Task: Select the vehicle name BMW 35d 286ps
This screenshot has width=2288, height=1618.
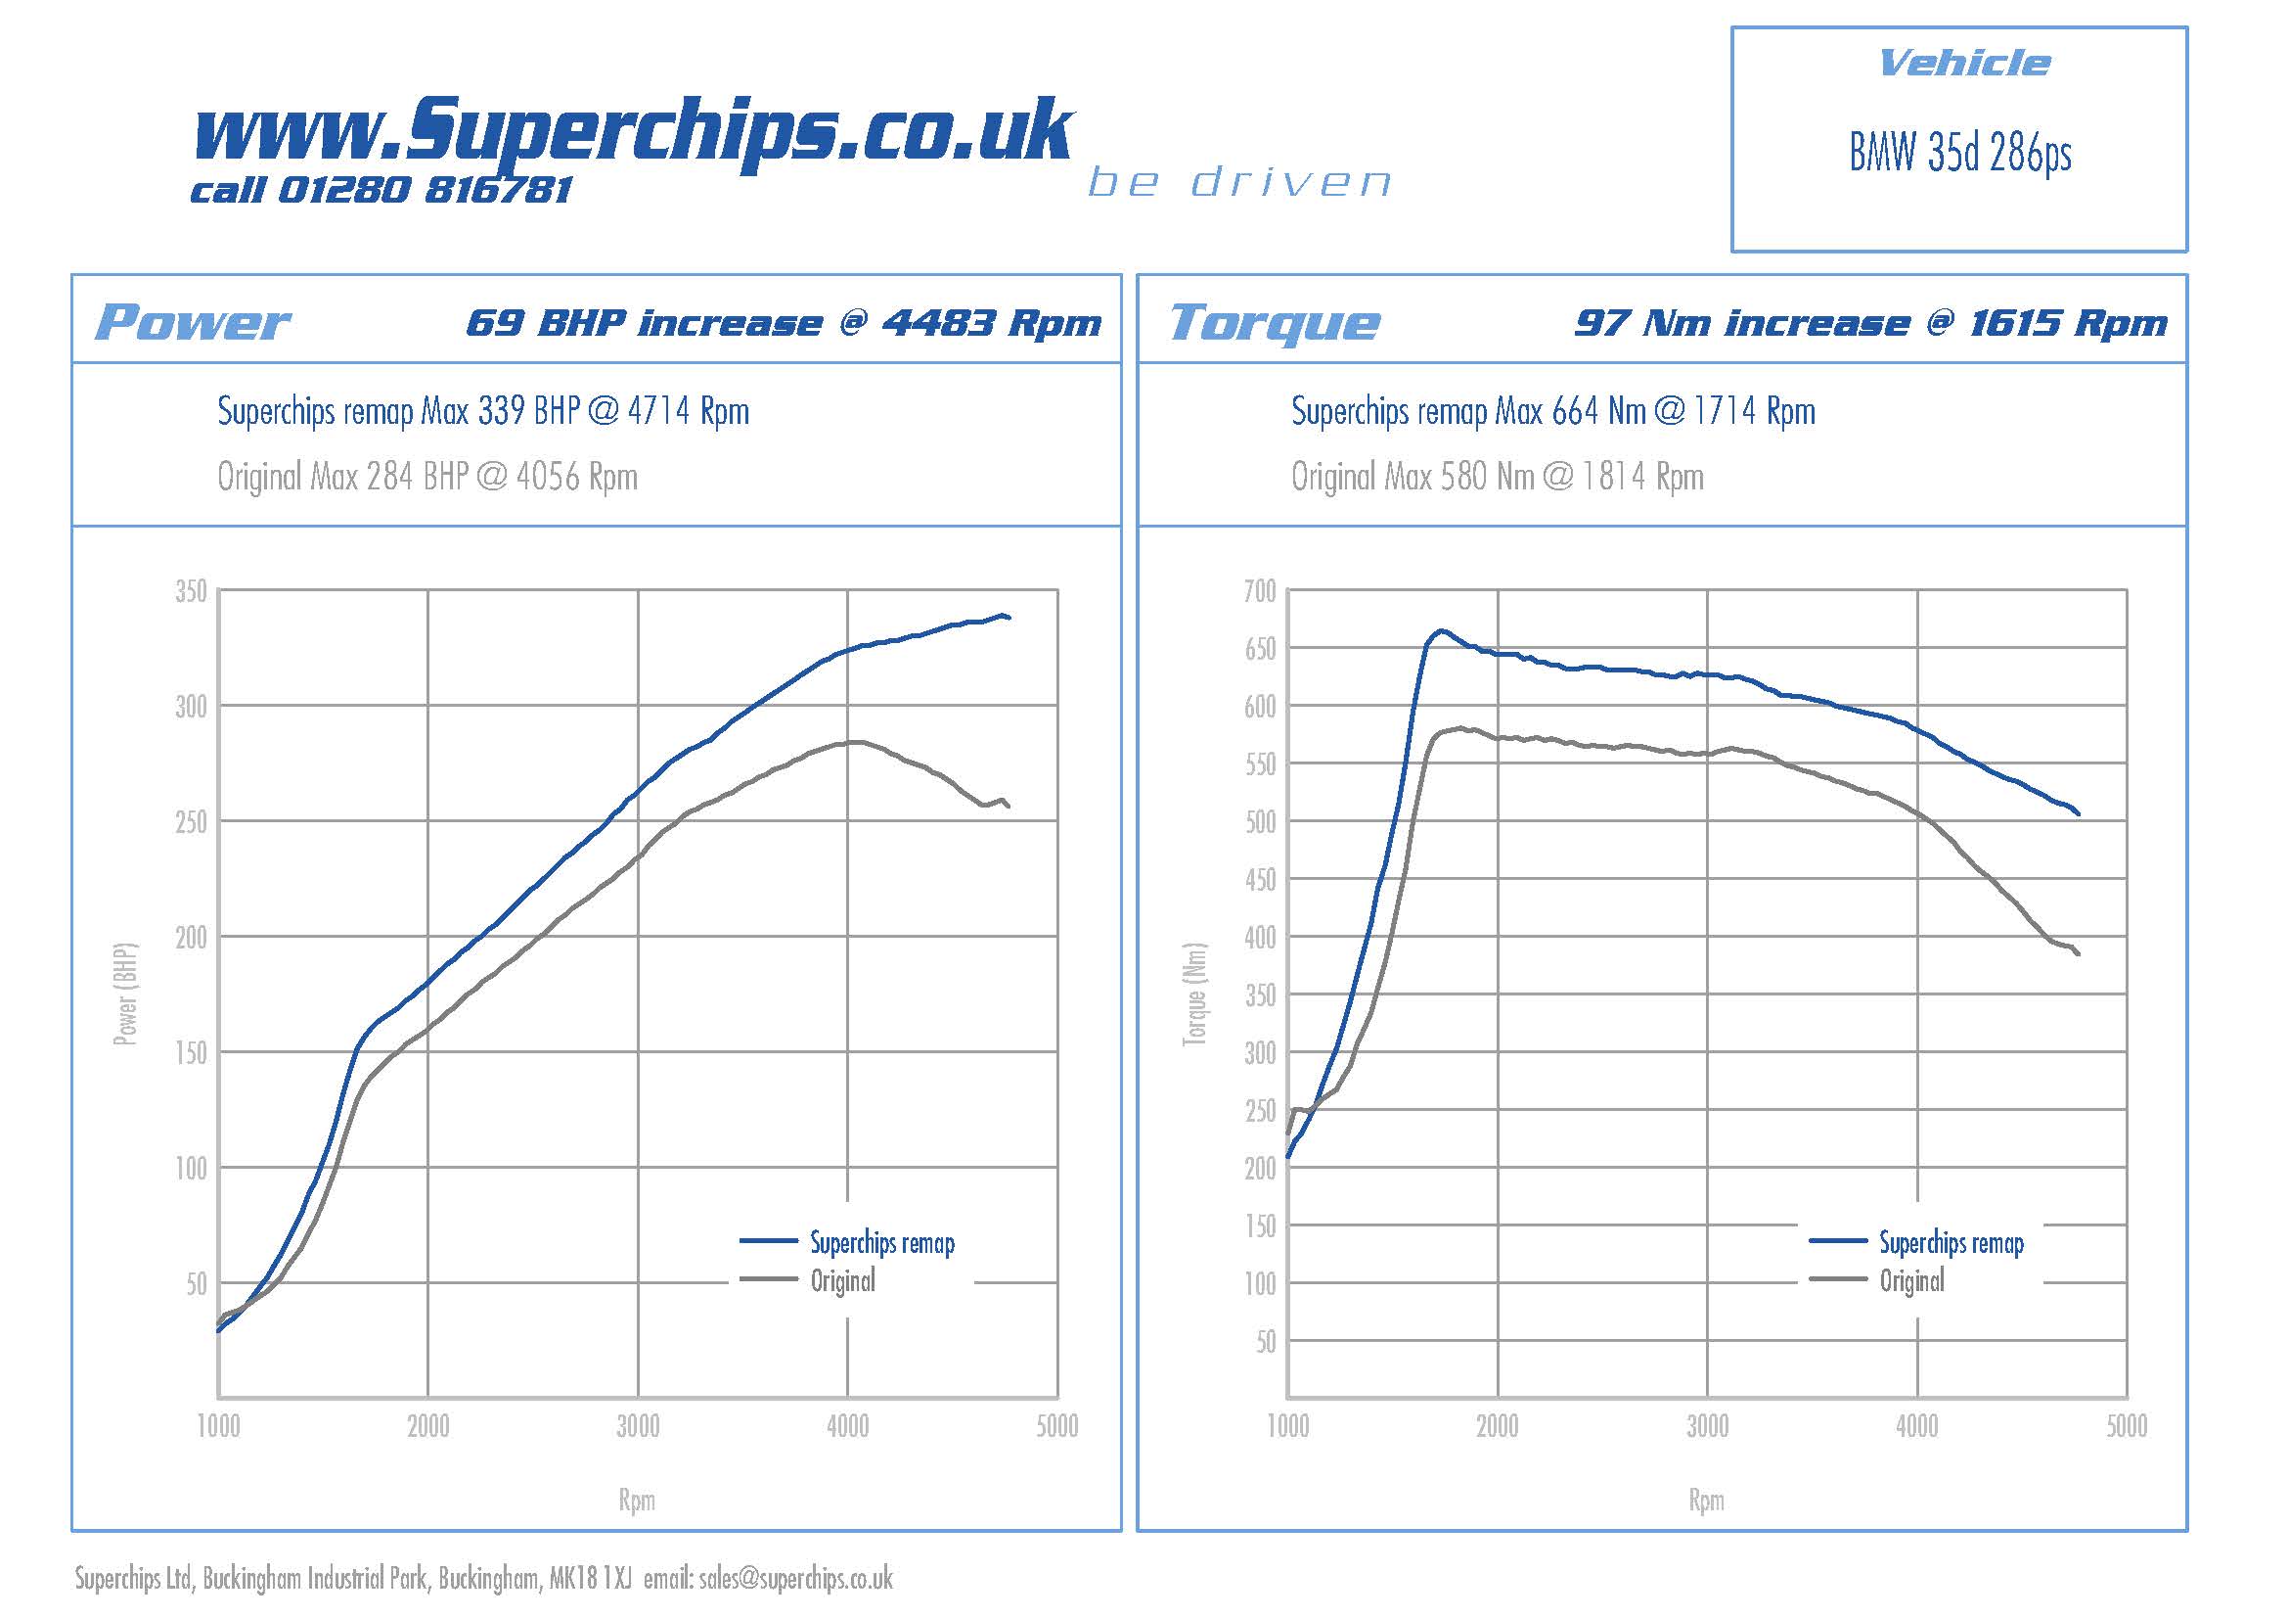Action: tap(1959, 154)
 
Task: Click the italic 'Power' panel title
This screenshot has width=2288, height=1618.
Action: tap(192, 322)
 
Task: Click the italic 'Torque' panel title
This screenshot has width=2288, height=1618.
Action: tap(1275, 322)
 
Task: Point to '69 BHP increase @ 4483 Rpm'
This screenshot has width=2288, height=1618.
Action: tap(784, 323)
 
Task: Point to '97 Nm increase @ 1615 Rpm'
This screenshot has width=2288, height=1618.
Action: tap(1869, 323)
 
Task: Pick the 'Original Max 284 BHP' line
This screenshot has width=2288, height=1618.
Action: tap(427, 477)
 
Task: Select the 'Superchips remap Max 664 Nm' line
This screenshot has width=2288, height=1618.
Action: tap(1552, 411)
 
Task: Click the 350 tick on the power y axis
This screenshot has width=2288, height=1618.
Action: tap(191, 591)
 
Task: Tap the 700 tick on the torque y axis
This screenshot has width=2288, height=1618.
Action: tap(1260, 591)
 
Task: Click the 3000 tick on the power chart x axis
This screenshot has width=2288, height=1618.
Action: tap(638, 1426)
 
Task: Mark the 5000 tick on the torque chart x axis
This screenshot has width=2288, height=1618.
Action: tap(2126, 1426)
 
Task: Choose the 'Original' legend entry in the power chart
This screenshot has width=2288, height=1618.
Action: tap(842, 1281)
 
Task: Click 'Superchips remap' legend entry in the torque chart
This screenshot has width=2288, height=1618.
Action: tap(1951, 1243)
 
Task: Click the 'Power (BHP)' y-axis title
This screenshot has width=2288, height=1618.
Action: tap(124, 994)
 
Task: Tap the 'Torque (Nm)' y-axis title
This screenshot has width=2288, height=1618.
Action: tap(1193, 994)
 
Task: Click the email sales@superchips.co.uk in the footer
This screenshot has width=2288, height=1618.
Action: tap(795, 1578)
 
